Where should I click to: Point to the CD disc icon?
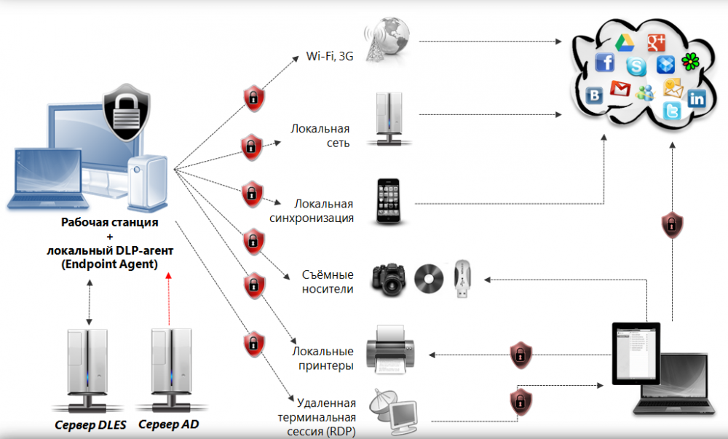[x=428, y=279]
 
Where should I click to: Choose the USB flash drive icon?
[x=464, y=280]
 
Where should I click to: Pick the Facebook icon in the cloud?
[x=605, y=63]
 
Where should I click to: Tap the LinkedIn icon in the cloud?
[x=697, y=99]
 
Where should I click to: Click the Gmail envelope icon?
[x=620, y=90]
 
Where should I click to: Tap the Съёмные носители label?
[x=328, y=282]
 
